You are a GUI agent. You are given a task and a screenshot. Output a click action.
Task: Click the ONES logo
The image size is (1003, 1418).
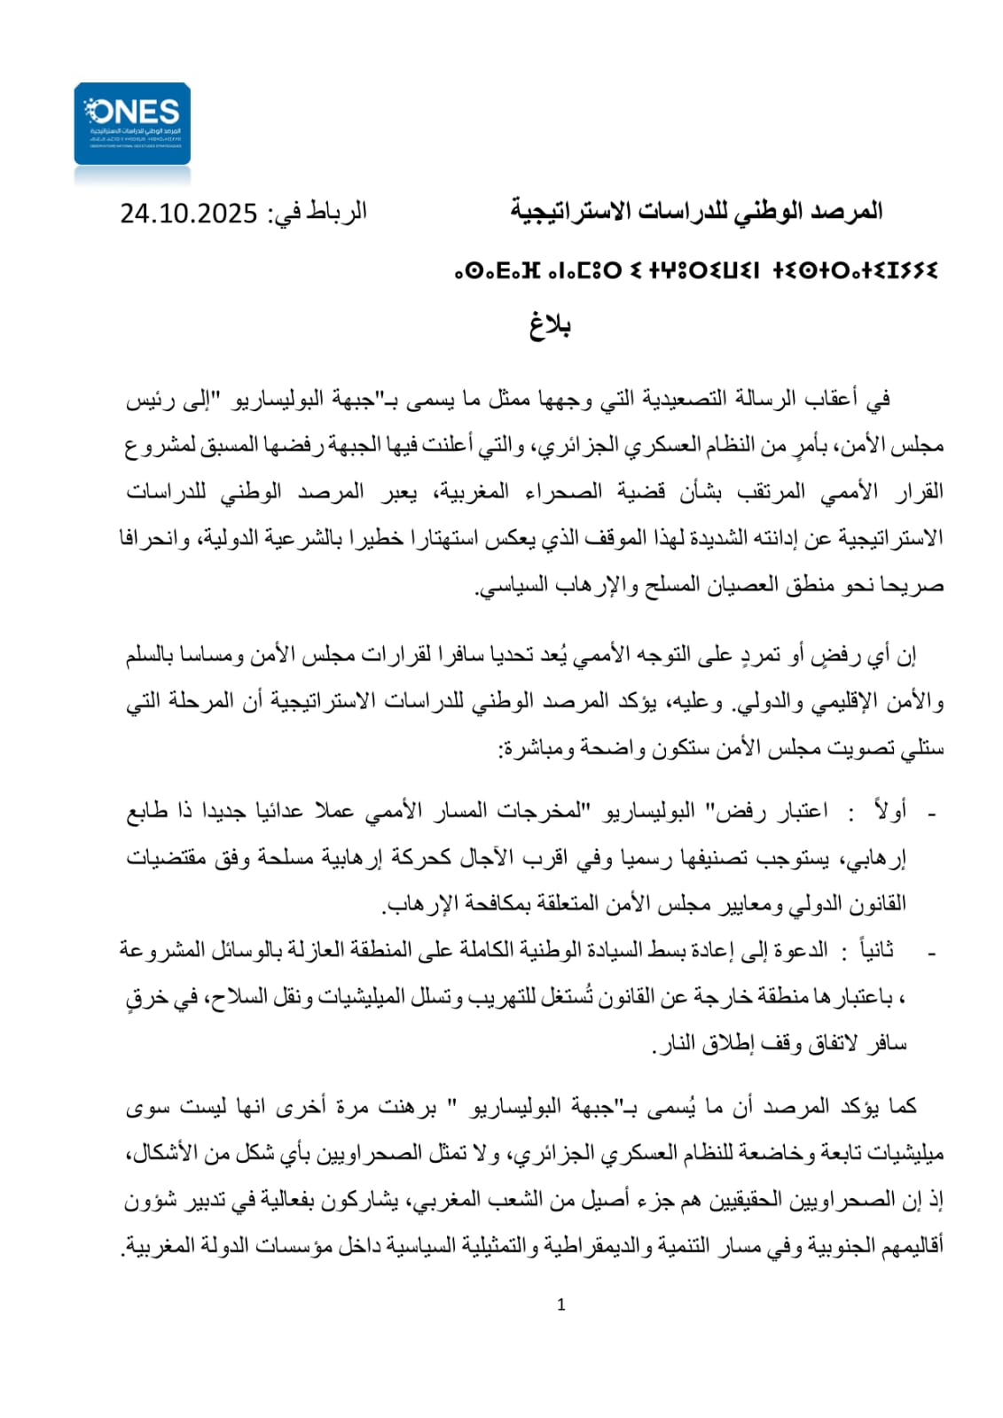pos(132,123)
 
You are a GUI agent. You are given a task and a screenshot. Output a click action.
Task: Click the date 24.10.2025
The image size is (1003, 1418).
pos(189,214)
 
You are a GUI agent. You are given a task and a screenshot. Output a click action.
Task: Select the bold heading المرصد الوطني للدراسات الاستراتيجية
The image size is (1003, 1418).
pos(696,212)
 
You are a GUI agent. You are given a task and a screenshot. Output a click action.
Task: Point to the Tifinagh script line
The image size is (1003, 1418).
pos(695,269)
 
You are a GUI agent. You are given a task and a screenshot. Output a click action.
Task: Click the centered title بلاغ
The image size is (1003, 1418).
pos(550,326)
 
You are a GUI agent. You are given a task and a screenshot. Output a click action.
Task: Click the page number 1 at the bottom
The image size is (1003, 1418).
pos(560,1305)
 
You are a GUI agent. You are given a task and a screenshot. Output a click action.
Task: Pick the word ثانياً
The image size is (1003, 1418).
pos(873,951)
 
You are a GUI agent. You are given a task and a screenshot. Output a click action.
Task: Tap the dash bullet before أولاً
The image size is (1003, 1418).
pos(931,814)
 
